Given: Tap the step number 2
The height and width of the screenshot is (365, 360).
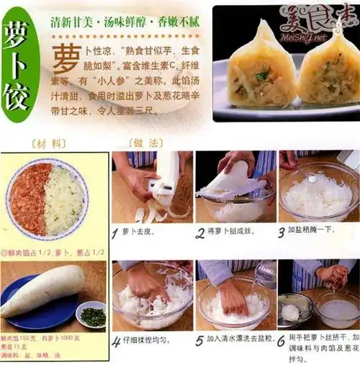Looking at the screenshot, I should point(200,233).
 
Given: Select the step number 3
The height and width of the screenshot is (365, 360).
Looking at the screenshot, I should point(282,233).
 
